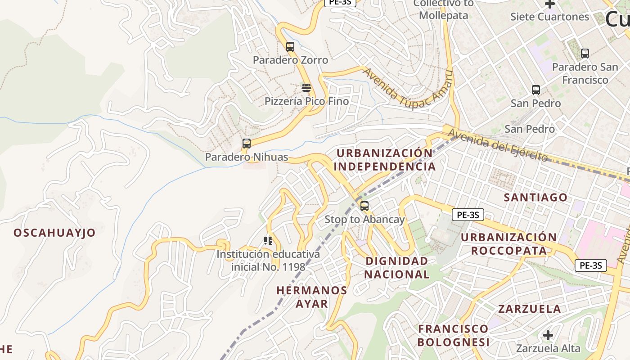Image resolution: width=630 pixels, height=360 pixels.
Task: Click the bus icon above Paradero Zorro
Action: pos(290,46)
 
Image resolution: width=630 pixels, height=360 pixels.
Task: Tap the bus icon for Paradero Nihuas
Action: pos(247,144)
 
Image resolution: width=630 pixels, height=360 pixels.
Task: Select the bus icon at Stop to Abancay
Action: pos(364,206)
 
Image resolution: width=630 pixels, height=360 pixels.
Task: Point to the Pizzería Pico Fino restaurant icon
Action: pos(306,87)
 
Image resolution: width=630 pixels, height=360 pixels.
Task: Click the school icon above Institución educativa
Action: pos(268,241)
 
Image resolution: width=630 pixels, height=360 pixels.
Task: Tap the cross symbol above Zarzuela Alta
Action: pos(548,335)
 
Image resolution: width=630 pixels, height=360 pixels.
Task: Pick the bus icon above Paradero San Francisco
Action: pos(585,54)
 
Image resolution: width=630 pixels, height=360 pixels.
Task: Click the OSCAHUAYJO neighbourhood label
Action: pos(54,233)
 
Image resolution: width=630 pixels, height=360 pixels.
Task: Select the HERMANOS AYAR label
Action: pos(312,297)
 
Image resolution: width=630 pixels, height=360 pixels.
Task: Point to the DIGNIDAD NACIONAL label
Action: pos(397,267)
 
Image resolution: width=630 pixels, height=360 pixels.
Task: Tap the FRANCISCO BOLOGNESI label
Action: pos(453,335)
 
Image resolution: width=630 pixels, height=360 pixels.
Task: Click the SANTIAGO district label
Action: pos(535,198)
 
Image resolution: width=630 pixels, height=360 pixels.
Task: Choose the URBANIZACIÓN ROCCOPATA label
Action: pos(509,244)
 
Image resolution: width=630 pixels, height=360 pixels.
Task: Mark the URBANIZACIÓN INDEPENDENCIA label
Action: pos(385,160)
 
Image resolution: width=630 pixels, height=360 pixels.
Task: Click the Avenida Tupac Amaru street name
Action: pos(407,88)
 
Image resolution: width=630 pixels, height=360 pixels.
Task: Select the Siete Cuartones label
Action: pos(549,17)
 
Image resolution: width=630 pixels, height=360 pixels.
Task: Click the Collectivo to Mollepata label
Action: pos(443,9)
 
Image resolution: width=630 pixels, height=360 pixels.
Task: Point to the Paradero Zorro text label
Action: pos(290,60)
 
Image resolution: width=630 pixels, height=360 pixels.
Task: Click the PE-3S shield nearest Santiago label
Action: pos(468,215)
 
